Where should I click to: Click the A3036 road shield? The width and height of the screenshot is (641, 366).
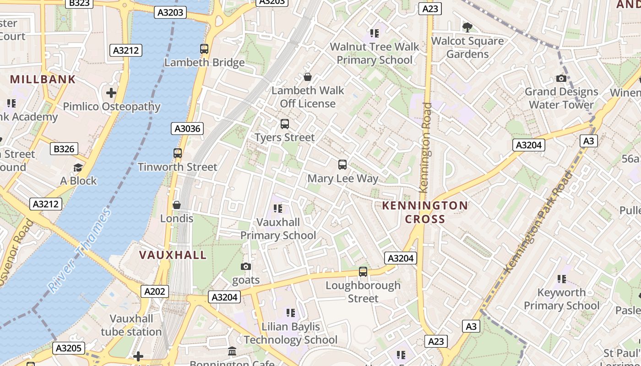[x=188, y=129]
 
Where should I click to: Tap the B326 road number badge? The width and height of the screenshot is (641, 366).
[x=64, y=149]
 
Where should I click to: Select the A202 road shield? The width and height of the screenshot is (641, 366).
[x=155, y=291]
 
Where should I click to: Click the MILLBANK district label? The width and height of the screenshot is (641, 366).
[x=43, y=79]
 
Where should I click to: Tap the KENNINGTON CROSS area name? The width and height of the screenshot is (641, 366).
[x=425, y=212]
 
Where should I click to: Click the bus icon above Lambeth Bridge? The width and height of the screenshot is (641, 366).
[x=204, y=48]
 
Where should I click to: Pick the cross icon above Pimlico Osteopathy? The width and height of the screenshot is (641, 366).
[x=111, y=93]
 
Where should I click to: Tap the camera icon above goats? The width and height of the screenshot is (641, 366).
[x=246, y=266]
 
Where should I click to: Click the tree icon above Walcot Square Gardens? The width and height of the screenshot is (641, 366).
[x=467, y=27]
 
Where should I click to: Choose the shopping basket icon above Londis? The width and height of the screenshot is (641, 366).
[x=177, y=205]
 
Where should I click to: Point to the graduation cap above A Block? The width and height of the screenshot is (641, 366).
[x=78, y=167]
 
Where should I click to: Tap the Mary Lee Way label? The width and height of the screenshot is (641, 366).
[x=343, y=178]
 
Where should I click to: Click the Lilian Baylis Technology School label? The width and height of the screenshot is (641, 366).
[x=290, y=333]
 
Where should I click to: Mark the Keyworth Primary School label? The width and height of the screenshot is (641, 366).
[x=561, y=299]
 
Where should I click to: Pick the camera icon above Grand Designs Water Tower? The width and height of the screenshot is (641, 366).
[x=561, y=78]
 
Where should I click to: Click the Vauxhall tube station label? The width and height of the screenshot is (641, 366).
[x=131, y=325]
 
